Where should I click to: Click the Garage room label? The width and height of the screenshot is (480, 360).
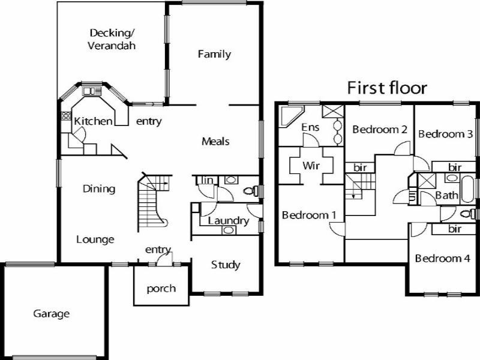tap(52, 314)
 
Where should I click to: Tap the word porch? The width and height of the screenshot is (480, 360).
tap(161, 289)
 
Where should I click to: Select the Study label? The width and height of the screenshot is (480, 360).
tap(226, 265)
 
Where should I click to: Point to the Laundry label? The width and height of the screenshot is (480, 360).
tap(228, 221)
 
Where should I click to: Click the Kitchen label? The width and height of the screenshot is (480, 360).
tap(93, 121)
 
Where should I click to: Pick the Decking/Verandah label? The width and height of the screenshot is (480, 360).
tap(112, 39)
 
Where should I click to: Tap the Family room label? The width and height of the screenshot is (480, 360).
tap(214, 54)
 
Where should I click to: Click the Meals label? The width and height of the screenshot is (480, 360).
tap(215, 142)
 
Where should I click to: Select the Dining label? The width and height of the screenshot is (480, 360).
tap(99, 189)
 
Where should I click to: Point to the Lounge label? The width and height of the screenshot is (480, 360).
tap(95, 239)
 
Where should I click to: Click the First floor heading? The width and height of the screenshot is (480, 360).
tap(388, 88)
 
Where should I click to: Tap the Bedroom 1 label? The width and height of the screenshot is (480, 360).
tap(308, 215)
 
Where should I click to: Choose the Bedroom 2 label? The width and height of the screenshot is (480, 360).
tap(380, 129)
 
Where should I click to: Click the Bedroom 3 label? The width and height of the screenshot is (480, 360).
tap(445, 134)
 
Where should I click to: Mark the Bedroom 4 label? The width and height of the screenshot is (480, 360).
tap(443, 259)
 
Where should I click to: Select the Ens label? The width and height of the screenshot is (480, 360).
tap(310, 127)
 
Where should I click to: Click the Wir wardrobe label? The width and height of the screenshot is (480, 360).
tap(310, 165)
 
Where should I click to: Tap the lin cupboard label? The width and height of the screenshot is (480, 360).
tap(207, 180)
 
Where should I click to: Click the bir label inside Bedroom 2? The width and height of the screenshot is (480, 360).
tap(361, 168)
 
